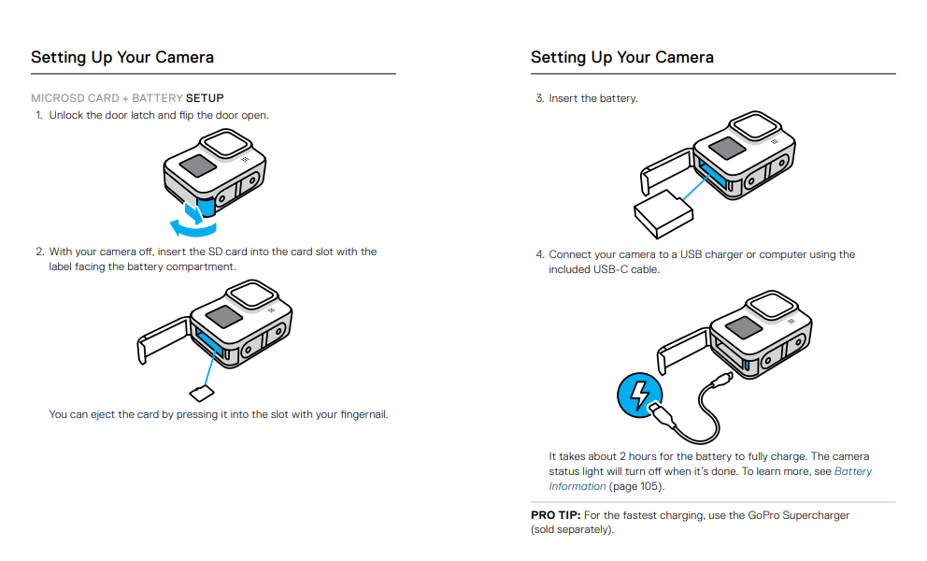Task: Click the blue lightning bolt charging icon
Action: (x=639, y=396)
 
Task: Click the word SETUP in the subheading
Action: (x=205, y=98)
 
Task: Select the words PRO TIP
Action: (x=555, y=515)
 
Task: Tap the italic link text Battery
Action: (x=853, y=472)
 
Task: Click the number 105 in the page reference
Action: (x=649, y=486)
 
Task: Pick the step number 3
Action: (x=539, y=98)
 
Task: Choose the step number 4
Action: (x=539, y=254)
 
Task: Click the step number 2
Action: (x=39, y=252)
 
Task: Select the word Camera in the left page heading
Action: (x=184, y=58)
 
